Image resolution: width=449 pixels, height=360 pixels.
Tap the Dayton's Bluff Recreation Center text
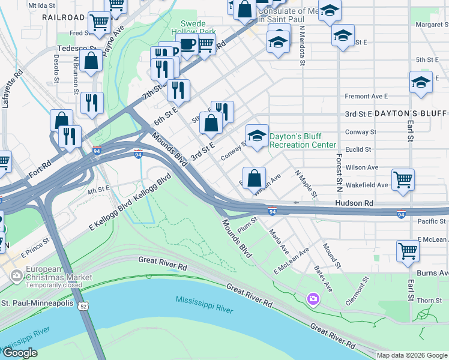pos(303,140)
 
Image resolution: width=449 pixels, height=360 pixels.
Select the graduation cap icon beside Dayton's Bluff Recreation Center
pos(257,136)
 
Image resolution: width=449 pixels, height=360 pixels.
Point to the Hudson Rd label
pos(354,203)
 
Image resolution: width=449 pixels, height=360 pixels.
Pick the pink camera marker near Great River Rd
pos(313,298)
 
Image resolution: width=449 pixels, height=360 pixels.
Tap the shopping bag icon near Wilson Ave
pos(255,178)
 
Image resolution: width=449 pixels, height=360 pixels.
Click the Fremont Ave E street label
pos(366,96)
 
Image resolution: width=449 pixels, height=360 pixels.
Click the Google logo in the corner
pos(20,353)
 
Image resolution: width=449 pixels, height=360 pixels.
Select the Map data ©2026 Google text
pos(412,355)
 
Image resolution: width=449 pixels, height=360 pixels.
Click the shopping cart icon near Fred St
pos(99,23)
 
